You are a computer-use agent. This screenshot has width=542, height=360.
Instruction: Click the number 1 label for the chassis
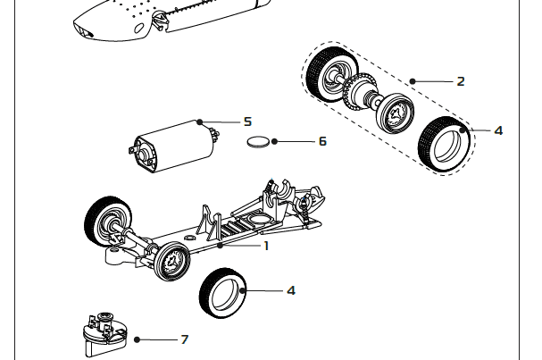266,245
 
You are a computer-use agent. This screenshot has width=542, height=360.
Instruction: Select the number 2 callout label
460,81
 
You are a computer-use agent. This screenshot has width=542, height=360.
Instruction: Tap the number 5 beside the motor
247,121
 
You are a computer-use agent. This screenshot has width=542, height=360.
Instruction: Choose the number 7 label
185,339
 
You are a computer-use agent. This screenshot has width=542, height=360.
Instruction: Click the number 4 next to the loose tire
291,290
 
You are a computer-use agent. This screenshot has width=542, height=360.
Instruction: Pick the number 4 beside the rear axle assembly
498,130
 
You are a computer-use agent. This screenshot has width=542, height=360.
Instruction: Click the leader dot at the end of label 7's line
137,339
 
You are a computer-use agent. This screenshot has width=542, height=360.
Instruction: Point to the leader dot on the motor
201,121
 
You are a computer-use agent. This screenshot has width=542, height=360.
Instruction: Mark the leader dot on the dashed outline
412,81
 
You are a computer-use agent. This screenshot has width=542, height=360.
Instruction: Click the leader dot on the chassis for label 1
219,244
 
